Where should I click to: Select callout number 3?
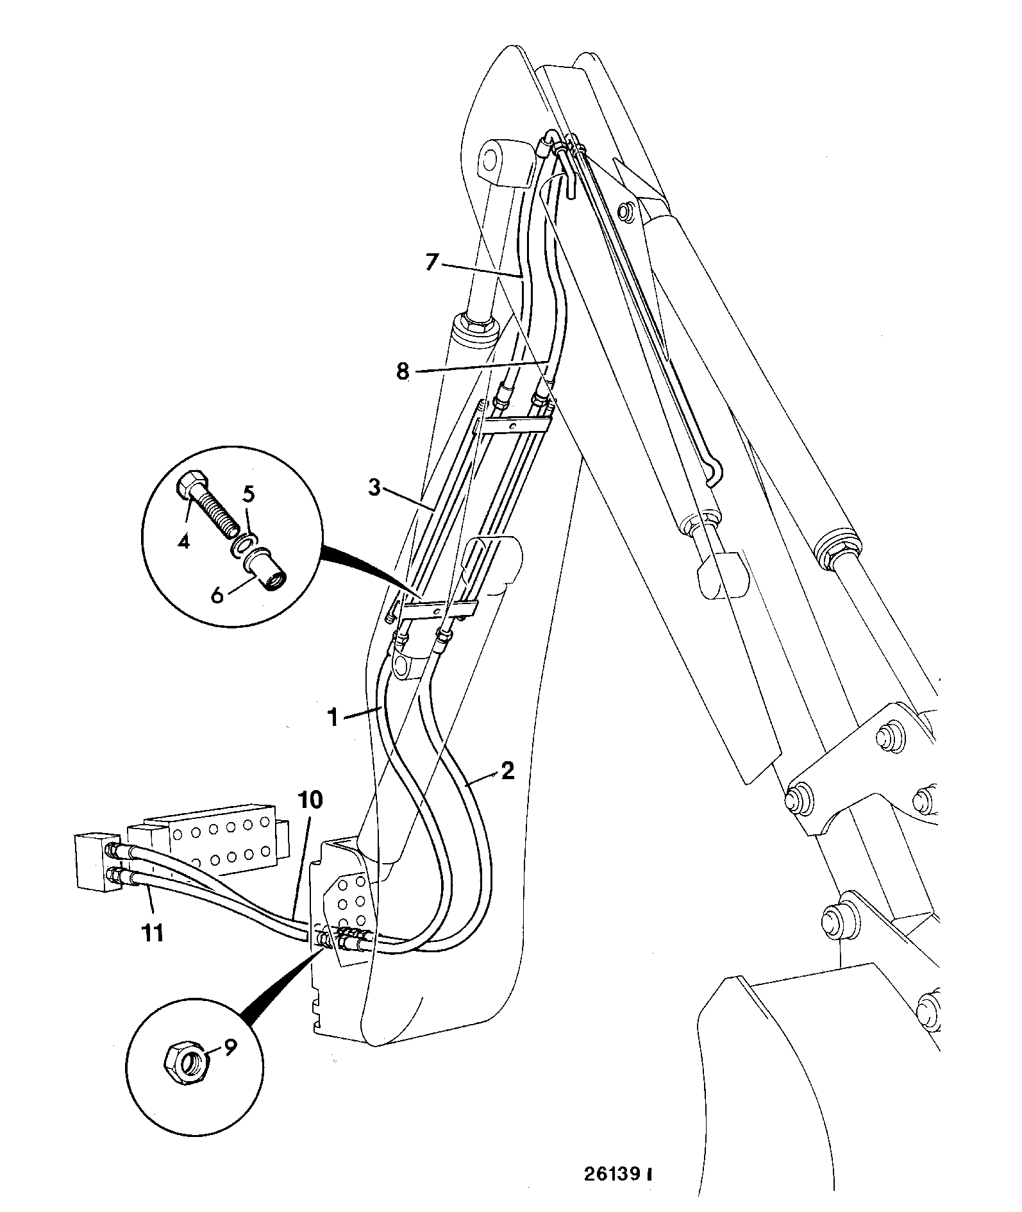374,488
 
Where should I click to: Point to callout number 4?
184,542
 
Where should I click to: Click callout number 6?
217,595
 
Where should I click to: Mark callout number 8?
403,372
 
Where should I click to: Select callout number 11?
152,934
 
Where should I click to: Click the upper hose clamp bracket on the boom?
515,425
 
